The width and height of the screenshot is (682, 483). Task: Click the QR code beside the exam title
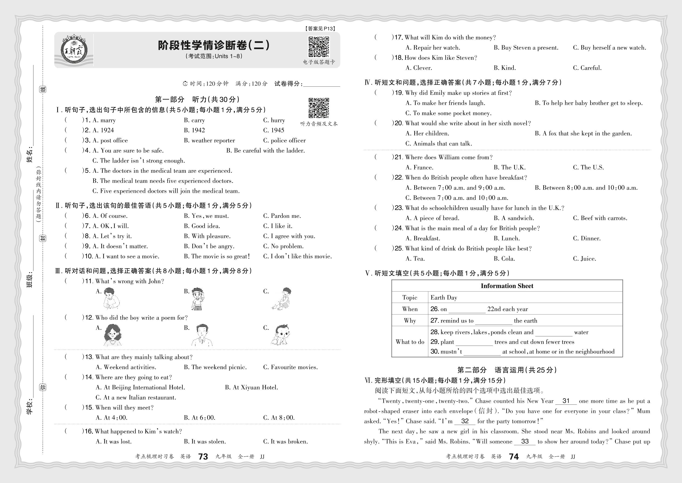coord(319,47)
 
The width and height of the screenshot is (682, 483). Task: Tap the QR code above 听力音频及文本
coord(319,108)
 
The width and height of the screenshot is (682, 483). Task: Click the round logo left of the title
coord(73,49)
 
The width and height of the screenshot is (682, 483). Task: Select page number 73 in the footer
coord(203,457)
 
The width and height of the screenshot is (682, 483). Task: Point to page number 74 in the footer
coord(514,457)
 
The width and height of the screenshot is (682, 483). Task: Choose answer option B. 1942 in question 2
coord(194,130)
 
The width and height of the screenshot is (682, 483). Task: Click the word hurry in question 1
coord(278,120)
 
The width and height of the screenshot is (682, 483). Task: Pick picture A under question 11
coord(111,299)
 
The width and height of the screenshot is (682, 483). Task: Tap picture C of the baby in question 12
coord(281,335)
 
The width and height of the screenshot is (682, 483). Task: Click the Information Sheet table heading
coord(507,286)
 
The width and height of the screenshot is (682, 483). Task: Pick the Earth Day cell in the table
coord(444,298)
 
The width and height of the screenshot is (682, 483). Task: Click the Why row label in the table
coord(410,321)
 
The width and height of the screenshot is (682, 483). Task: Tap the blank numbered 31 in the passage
coord(566,401)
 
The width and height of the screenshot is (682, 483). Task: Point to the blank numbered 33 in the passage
coord(525,442)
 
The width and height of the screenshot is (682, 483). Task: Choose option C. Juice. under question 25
coord(585,259)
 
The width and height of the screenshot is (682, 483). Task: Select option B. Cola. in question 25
coord(504,259)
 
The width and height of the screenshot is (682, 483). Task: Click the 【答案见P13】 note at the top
coord(320,29)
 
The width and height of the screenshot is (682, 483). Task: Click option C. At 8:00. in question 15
coord(279,418)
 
